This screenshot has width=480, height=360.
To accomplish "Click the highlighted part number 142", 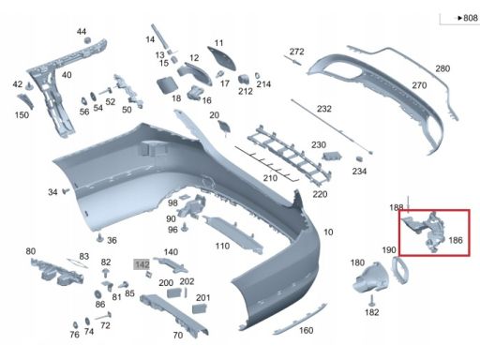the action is click(x=142, y=264).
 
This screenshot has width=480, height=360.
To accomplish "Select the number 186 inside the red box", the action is click(x=456, y=240).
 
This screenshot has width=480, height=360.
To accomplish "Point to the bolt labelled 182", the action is click(x=371, y=300).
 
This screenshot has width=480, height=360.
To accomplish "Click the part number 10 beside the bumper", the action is click(x=328, y=232).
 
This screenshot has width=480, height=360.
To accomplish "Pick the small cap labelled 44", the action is click(x=88, y=39).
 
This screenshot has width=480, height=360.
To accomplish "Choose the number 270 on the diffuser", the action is click(x=419, y=85).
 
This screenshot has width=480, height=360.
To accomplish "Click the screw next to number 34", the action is click(x=66, y=190).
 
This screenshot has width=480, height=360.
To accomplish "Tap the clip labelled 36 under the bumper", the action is click(x=99, y=238).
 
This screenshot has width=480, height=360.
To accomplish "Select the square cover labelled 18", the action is click(x=167, y=85).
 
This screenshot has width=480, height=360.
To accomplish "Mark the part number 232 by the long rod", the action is click(x=324, y=109).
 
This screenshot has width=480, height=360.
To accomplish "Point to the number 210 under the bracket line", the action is click(x=270, y=178).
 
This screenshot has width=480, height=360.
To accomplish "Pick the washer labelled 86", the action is click(x=97, y=294).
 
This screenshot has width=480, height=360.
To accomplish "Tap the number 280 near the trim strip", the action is click(x=442, y=68).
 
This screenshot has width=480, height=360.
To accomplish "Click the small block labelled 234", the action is click(x=359, y=158).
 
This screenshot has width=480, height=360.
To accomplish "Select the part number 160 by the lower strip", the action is click(x=307, y=330).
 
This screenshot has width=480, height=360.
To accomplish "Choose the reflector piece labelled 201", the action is click(x=199, y=309).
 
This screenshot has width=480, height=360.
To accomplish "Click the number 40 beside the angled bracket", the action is click(x=67, y=75).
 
